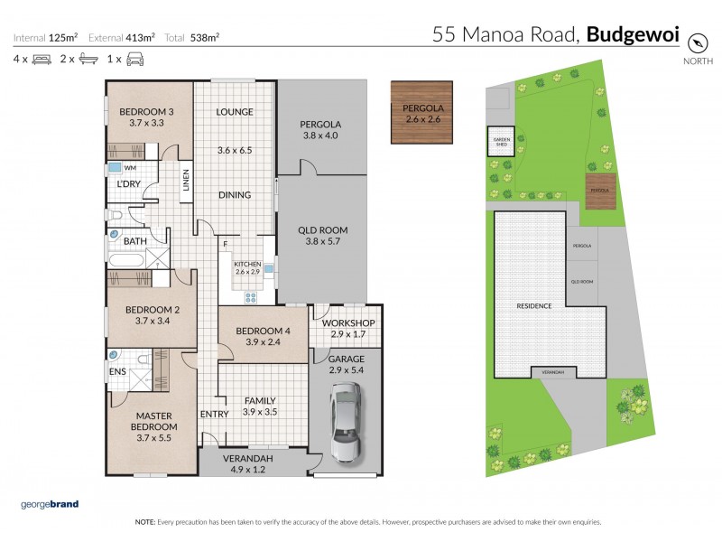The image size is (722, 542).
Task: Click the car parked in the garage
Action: (344, 421)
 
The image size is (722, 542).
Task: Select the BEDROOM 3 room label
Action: (148, 117)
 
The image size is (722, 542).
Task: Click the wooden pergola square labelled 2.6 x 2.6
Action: (421, 113)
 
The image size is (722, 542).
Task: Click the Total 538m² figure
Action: (202, 38)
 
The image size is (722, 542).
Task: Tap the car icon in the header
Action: (135, 59)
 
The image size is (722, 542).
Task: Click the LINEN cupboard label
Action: (186, 182)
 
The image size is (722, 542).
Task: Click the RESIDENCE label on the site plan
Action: (533, 306)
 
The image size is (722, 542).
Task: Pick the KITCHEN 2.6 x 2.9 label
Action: (247, 267)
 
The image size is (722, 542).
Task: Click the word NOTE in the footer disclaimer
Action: (145, 522)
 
